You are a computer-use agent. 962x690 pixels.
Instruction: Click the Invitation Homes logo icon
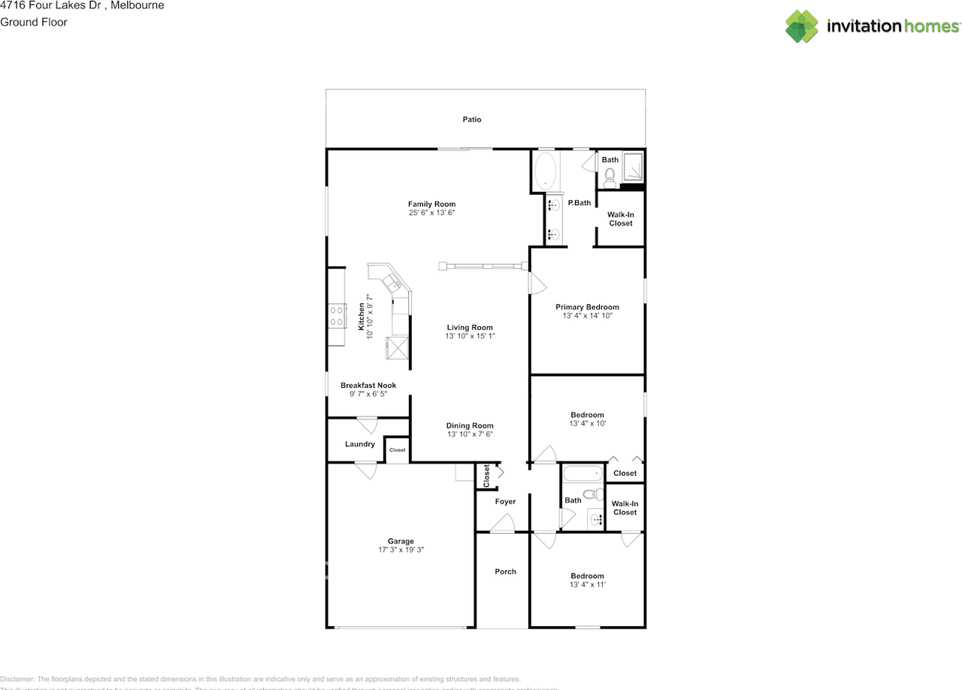[802, 26]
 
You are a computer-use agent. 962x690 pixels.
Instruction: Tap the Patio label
[472, 120]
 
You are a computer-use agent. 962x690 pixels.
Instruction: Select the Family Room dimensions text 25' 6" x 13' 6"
[432, 213]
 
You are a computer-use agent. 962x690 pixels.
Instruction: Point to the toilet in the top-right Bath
[610, 177]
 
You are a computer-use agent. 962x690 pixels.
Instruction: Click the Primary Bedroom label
[587, 307]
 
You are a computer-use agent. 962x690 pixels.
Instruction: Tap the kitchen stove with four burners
[336, 315]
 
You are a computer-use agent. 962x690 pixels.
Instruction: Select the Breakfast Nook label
[368, 386]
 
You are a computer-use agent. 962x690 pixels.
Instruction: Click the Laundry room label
[360, 444]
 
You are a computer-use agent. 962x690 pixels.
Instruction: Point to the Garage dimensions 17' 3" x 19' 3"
[401, 550]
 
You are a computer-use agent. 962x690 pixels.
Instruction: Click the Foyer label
[505, 501]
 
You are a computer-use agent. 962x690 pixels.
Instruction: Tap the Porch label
[505, 571]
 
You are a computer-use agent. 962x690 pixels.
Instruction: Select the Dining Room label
[470, 425]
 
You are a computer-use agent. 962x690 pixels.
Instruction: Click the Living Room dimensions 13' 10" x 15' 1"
[470, 336]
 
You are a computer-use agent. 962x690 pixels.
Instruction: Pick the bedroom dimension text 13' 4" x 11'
[587, 585]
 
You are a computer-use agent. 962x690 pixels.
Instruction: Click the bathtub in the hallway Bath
[582, 474]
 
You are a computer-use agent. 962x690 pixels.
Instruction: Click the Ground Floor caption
[34, 22]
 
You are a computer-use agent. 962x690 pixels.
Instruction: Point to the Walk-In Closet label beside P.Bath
[621, 219]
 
